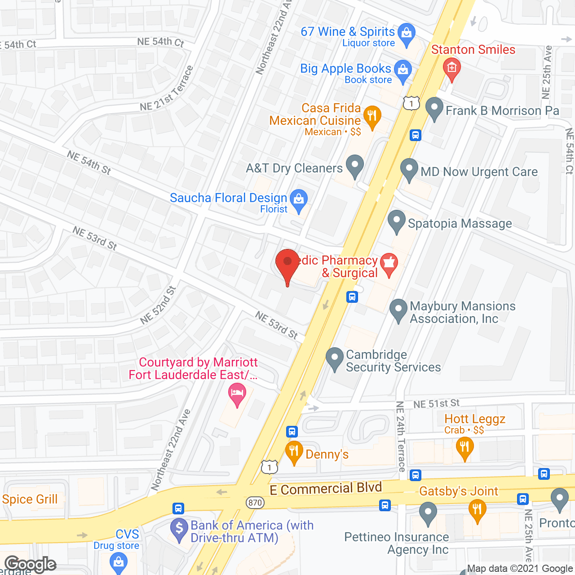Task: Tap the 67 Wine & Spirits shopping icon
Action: coord(407,34)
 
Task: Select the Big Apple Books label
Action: coord(345,69)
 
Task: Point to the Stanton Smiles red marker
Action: coord(452,68)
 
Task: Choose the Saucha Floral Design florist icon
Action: coord(299,200)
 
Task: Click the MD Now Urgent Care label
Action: coord(479,172)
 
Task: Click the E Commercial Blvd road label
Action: coord(326,488)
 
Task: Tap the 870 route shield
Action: coord(255,502)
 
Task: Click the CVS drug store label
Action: coord(127,534)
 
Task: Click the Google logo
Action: coord(31,564)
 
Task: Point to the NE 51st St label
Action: coord(436,403)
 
